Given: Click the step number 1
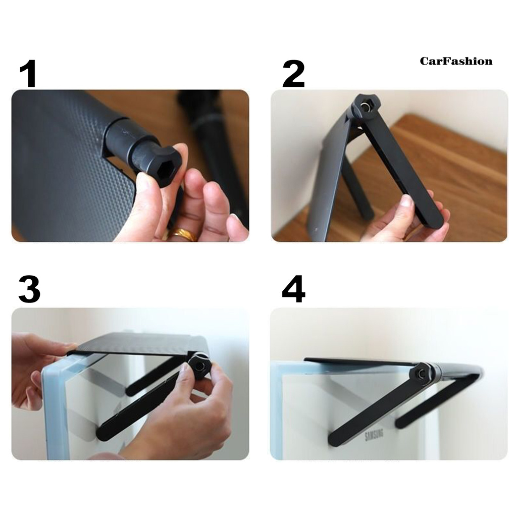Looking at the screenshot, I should pyautogui.click(x=28, y=74).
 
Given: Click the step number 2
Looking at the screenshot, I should pyautogui.click(x=294, y=74).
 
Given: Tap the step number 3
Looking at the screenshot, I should pyautogui.click(x=29, y=290).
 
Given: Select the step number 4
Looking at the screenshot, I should pyautogui.click(x=294, y=290).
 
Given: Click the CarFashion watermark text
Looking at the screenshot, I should pyautogui.click(x=456, y=61).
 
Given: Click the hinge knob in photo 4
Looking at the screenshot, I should pyautogui.click(x=420, y=373).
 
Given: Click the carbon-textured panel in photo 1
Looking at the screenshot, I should pyautogui.click(x=56, y=167).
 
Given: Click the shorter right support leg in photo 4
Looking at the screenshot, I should pyautogui.click(x=429, y=404).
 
